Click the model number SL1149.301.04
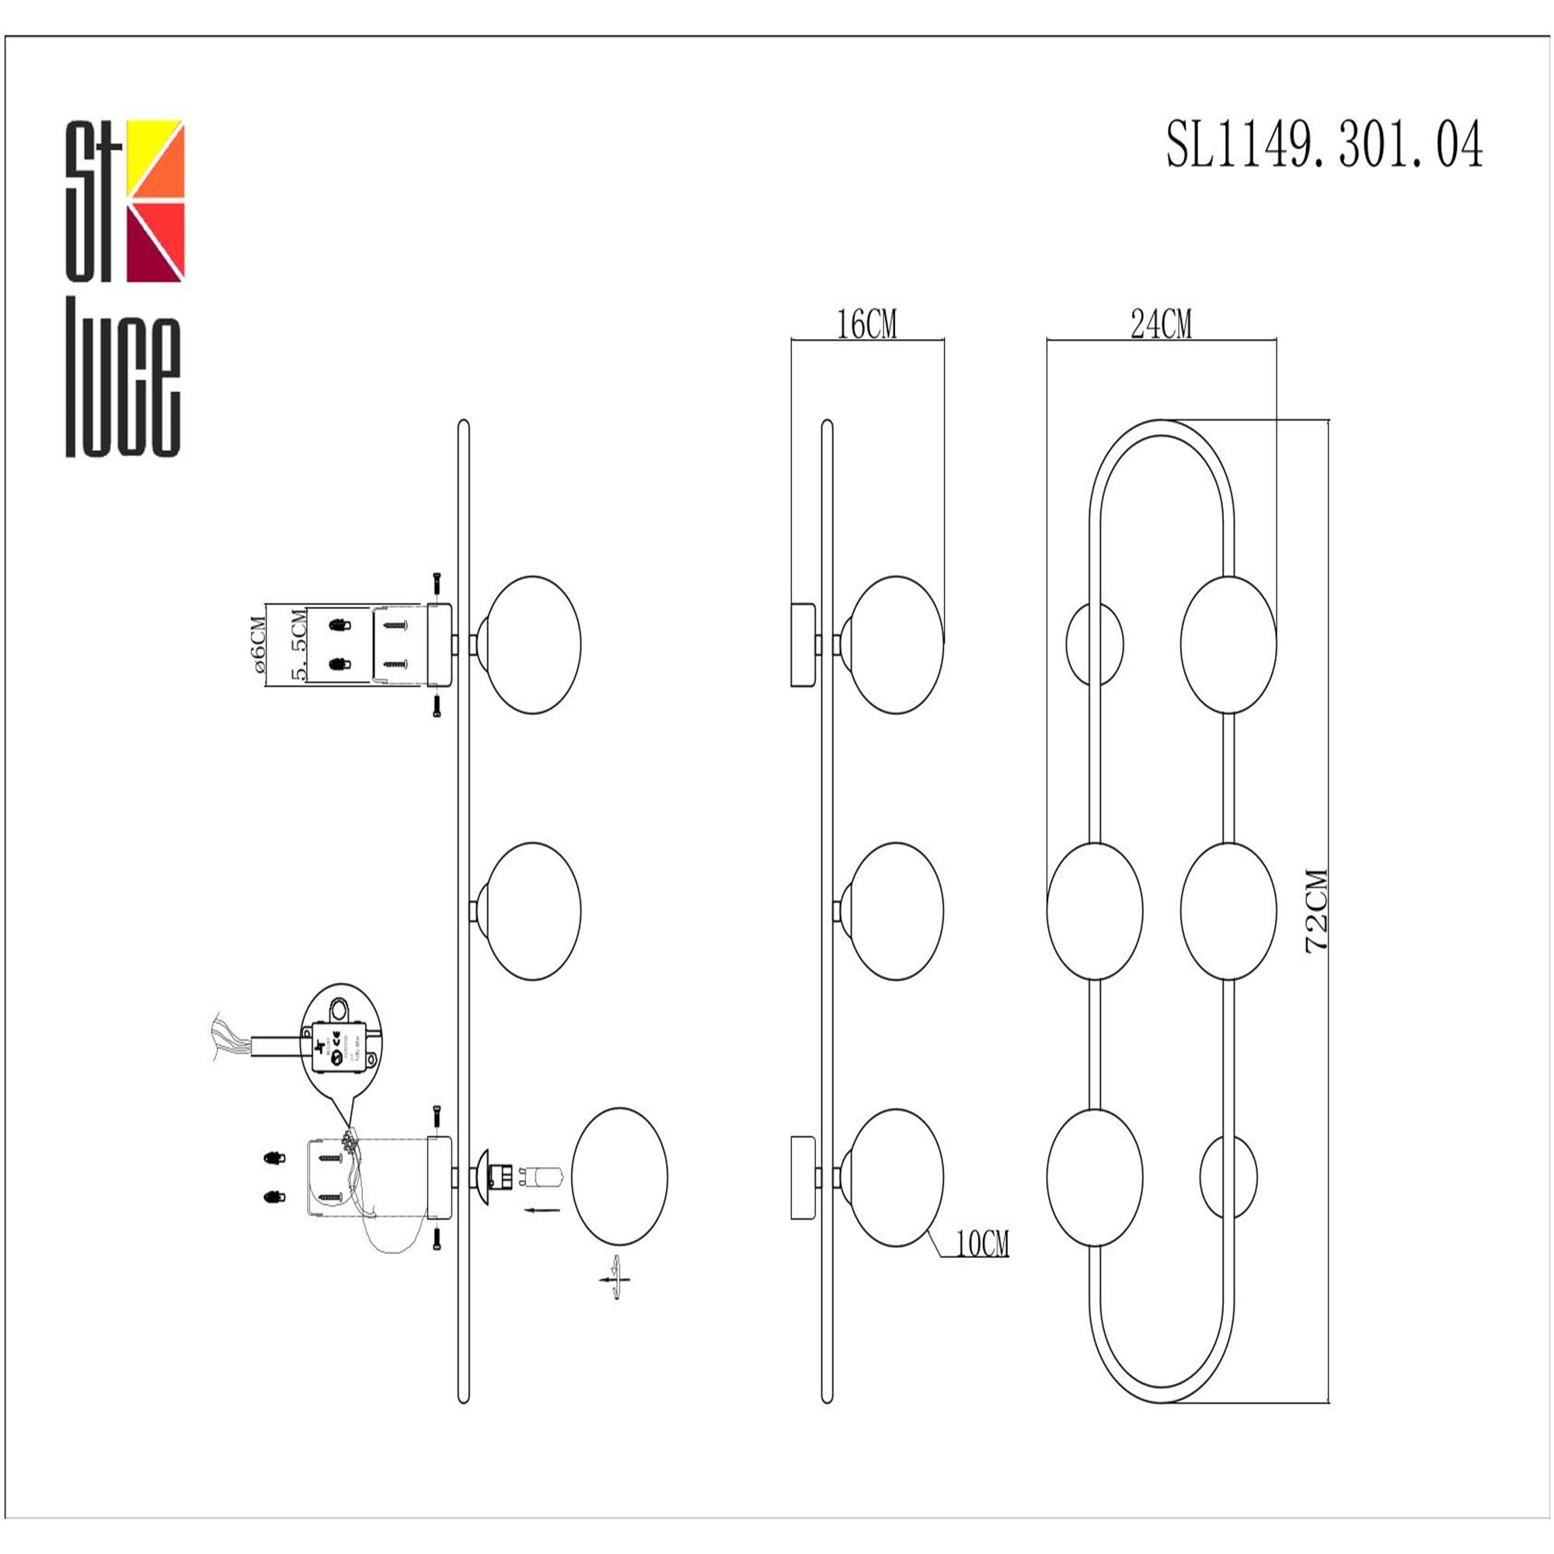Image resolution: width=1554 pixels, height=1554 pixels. click(x=1324, y=145)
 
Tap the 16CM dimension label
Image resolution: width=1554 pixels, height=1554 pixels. click(x=866, y=325)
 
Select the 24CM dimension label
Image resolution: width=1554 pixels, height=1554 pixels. click(x=1161, y=325)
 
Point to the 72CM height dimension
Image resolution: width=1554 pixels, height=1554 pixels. click(x=1317, y=911)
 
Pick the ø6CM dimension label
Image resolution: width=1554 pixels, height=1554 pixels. click(x=257, y=644)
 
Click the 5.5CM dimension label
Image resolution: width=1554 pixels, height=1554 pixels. click(x=298, y=646)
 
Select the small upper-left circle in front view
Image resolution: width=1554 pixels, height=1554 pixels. click(x=1094, y=644)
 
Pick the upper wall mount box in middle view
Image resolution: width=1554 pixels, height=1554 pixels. click(x=803, y=645)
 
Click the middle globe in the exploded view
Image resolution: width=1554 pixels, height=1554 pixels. click(x=534, y=911)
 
